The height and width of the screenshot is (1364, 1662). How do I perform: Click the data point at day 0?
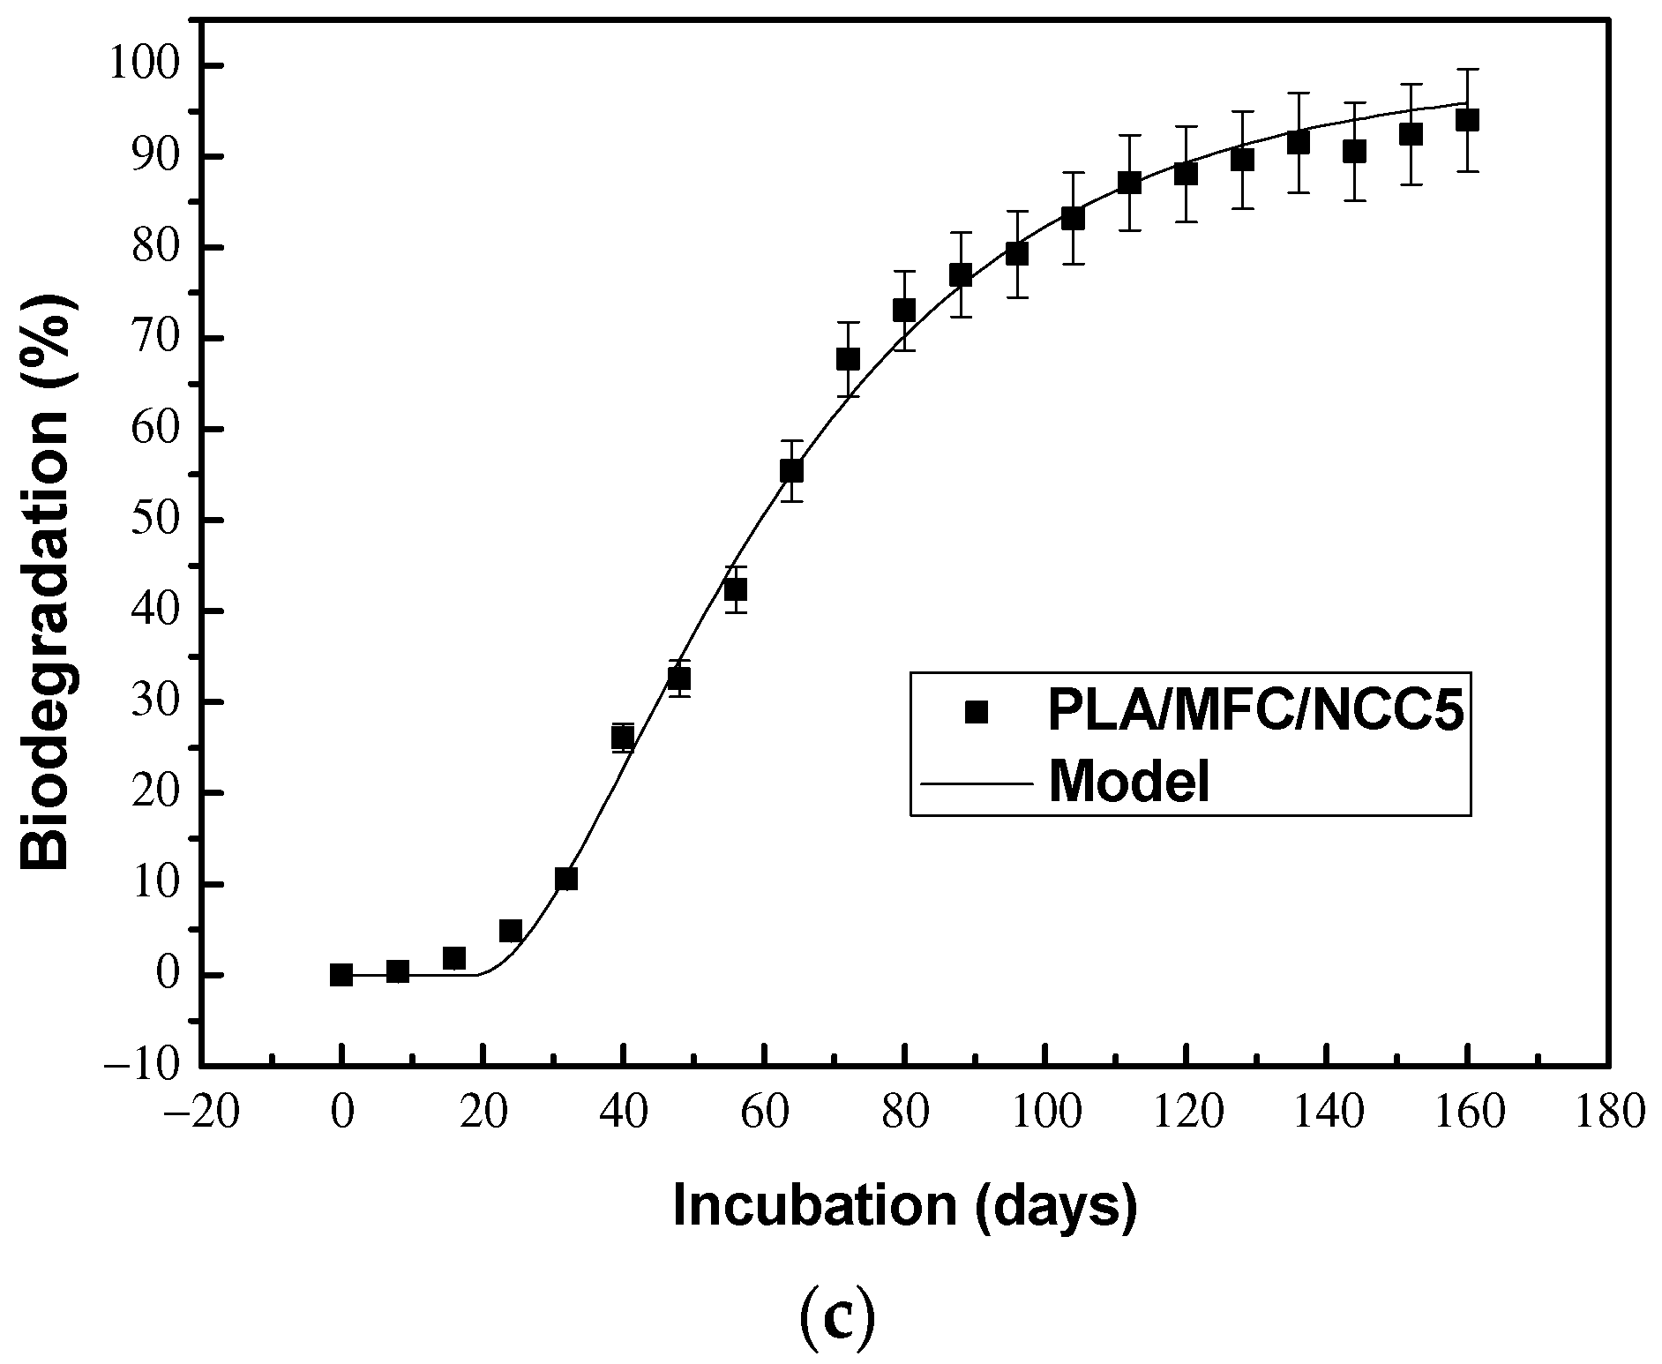tap(341, 975)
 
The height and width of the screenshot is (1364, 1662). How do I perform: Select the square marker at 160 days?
tap(1467, 120)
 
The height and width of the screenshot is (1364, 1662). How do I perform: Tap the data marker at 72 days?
tap(848, 359)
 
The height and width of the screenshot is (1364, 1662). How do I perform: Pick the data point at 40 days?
tap(623, 737)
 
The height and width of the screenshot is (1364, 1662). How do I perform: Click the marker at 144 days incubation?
tap(1354, 152)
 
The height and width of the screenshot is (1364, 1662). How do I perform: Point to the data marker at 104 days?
tap(1073, 218)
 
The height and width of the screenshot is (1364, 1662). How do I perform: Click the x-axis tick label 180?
tap(1608, 1113)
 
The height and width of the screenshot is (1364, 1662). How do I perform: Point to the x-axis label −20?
tap(201, 1113)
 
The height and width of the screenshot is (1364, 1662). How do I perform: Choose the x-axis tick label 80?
tap(904, 1113)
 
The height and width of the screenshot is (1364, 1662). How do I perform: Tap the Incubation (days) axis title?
tap(904, 1207)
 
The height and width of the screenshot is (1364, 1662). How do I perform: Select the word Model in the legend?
tap(1128, 782)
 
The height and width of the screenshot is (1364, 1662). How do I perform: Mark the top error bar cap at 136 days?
tap(1299, 93)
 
